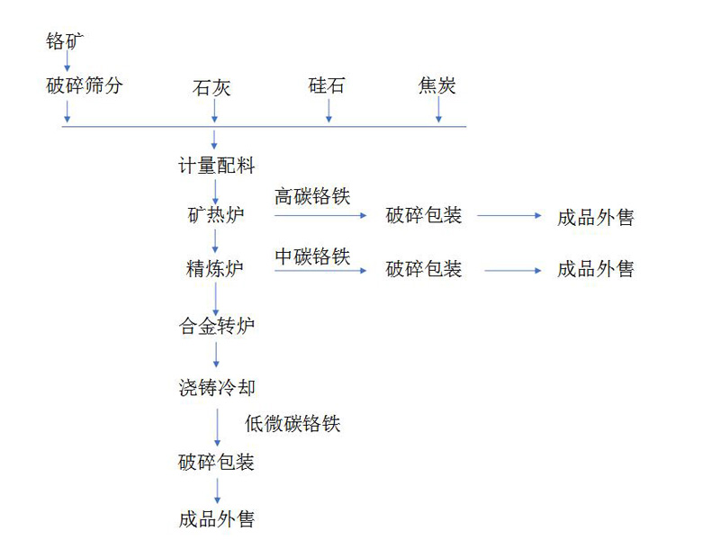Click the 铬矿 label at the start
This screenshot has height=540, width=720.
pos(67,40)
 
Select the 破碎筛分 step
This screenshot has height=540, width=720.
pos(84,86)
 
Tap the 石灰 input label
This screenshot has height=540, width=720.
pos(213,88)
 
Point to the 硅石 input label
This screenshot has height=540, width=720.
pos(327,86)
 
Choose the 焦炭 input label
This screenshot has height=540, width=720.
pos(437,86)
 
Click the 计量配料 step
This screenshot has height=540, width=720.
pos(216,166)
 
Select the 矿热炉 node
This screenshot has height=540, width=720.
pos(215,216)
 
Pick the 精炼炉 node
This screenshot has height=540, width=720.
pos(215,268)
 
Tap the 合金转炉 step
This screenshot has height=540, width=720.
pos(216,325)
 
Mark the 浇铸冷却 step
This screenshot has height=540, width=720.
pos(216,388)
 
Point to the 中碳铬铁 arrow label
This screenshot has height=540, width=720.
pos(312,256)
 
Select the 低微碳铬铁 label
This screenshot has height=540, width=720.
pos(292,424)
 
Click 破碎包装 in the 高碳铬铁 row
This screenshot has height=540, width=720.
pos(424,216)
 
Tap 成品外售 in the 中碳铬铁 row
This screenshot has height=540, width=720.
pos(596,269)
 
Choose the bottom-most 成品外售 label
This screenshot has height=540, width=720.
pos(216,519)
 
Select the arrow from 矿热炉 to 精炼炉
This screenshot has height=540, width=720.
pos(216,241)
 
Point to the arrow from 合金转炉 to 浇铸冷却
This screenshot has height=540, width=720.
pos(216,355)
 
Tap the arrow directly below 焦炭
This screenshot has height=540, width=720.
pos(439,110)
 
